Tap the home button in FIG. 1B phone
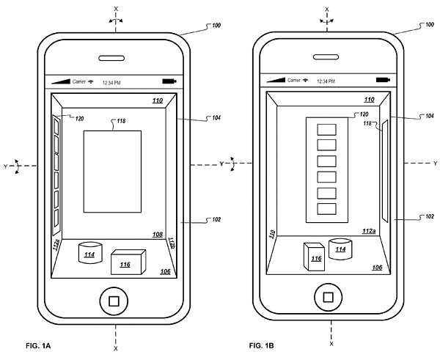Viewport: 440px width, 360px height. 328,299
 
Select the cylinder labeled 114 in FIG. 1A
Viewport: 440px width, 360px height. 89,254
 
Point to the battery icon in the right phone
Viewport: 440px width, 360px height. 384,80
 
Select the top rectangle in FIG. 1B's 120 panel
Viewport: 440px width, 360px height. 326,128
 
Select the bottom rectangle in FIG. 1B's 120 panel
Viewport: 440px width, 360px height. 326,208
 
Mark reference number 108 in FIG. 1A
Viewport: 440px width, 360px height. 157,234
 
